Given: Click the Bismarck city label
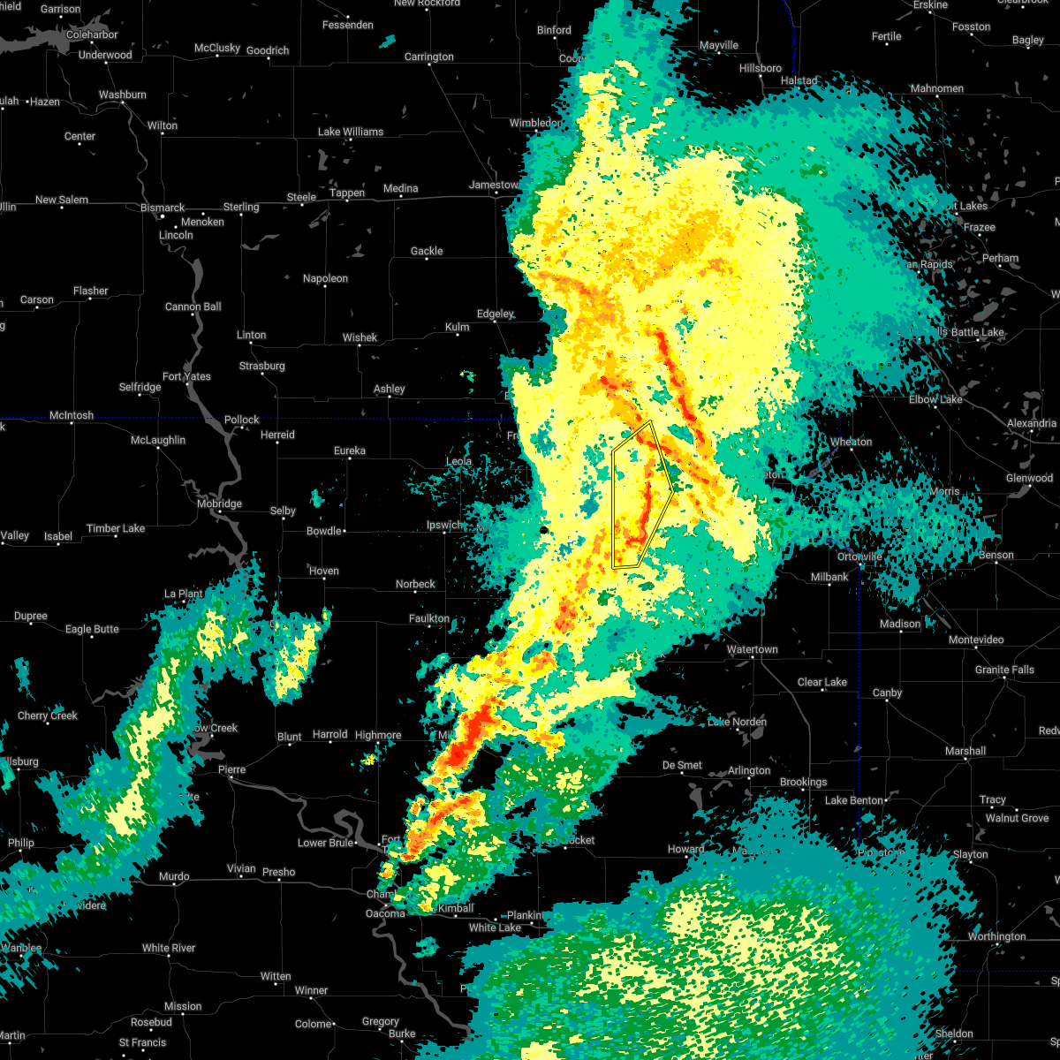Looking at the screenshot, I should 163,208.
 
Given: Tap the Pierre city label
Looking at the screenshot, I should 231,769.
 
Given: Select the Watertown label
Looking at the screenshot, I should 752,649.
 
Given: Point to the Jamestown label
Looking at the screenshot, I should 494,185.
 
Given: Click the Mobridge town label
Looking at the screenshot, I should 219,503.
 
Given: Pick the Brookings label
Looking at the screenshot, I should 803,782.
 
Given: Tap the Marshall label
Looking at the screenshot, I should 965,751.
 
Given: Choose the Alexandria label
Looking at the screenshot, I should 1031,423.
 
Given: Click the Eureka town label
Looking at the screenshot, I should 349,450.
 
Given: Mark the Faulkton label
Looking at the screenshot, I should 429,618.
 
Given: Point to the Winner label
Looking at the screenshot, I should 311,990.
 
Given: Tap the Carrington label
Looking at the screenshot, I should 429,57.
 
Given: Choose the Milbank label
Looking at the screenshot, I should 829,577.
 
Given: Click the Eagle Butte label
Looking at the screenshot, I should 92,629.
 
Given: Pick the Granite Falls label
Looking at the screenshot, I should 1004,670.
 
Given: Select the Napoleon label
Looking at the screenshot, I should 325,278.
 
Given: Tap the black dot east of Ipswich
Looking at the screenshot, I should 543,530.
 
